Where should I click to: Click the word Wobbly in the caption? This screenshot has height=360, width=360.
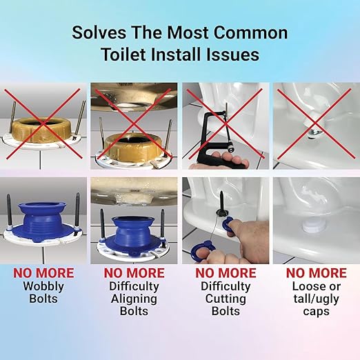coord(43,286)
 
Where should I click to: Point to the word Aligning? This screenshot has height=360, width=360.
coord(134,299)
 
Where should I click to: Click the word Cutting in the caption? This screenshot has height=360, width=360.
coord(226,299)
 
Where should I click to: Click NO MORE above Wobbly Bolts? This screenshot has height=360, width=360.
coord(43,273)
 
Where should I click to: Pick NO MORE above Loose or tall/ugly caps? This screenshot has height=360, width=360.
coord(317,273)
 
